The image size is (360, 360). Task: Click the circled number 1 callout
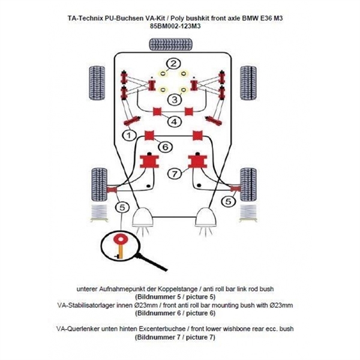(127, 136)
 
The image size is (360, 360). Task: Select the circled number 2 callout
(173, 64)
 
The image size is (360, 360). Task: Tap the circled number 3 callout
(173, 100)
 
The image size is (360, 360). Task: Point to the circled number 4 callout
(173, 122)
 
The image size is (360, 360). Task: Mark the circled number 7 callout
(173, 173)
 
